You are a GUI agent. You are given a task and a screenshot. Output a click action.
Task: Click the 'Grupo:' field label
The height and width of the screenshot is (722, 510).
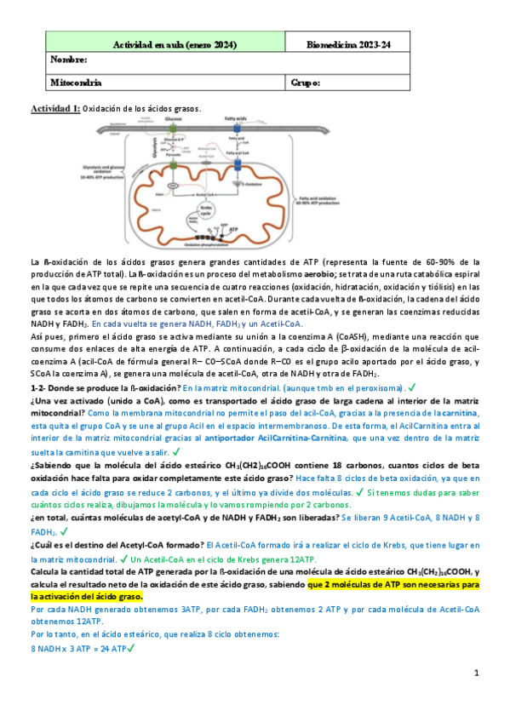tap(305, 83)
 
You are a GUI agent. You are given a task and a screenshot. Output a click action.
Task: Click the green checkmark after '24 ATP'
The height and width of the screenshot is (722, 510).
tap(130, 648)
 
